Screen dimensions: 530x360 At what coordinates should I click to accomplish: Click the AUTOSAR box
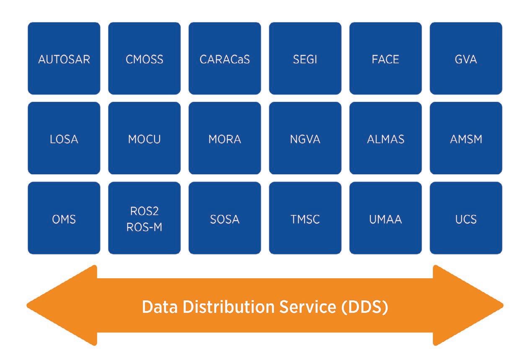coord(64,58)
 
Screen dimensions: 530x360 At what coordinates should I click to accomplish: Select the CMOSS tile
coord(144,58)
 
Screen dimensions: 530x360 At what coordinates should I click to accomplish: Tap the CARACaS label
coord(225,59)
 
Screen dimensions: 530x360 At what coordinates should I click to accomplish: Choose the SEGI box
coord(305,58)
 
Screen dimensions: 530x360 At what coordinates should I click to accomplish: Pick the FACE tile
coord(385,58)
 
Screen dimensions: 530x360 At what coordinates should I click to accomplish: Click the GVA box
coord(466,58)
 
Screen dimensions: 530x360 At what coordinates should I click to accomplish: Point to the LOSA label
coord(64,139)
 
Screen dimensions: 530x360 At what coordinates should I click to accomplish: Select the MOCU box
coord(144,138)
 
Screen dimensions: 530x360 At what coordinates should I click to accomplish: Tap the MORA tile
coord(225,138)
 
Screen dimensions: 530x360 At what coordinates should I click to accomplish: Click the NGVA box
coord(305,138)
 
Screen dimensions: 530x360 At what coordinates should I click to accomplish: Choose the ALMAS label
coord(386,139)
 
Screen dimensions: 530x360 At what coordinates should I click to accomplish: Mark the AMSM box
coord(466,138)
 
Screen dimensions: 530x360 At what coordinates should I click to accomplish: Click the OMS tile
coord(64,218)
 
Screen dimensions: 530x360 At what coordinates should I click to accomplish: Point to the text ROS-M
coord(144,227)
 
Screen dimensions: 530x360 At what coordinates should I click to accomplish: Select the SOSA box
coord(225,218)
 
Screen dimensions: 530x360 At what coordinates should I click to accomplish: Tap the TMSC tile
coord(305,218)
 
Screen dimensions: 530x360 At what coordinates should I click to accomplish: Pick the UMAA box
coord(385,218)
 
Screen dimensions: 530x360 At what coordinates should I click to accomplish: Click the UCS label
coord(466,219)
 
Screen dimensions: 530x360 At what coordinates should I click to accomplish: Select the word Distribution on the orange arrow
coord(229,307)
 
